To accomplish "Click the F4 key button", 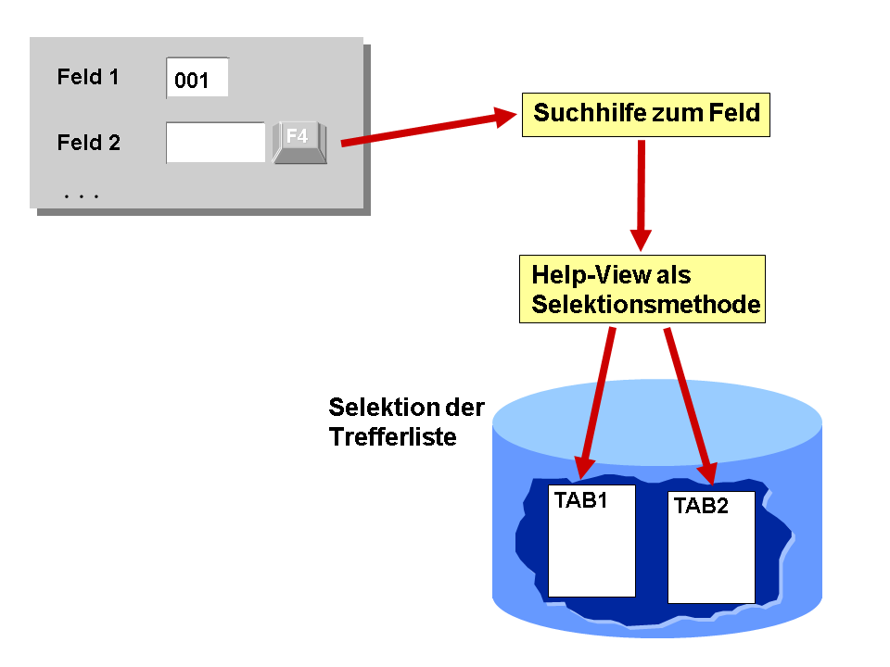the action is [x=299, y=143].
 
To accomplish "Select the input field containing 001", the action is [x=197, y=77].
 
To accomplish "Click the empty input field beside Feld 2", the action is [x=216, y=143].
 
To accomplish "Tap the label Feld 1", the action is [x=88, y=77].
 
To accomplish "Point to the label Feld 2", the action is [x=89, y=143].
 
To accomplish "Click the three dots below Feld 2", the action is [x=82, y=196].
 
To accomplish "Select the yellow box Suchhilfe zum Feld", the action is [x=646, y=115].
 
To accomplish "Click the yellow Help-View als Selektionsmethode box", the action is [x=642, y=289].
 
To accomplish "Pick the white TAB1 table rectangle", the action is [x=591, y=540].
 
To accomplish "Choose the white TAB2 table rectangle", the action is [x=711, y=547].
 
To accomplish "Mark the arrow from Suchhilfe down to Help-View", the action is [x=641, y=195].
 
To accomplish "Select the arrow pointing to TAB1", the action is [x=596, y=403].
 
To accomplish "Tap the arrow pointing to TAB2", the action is [x=691, y=406].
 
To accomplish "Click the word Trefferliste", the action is [x=393, y=436].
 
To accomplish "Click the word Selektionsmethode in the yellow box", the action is [x=646, y=305].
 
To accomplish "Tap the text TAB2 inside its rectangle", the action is [x=701, y=506].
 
